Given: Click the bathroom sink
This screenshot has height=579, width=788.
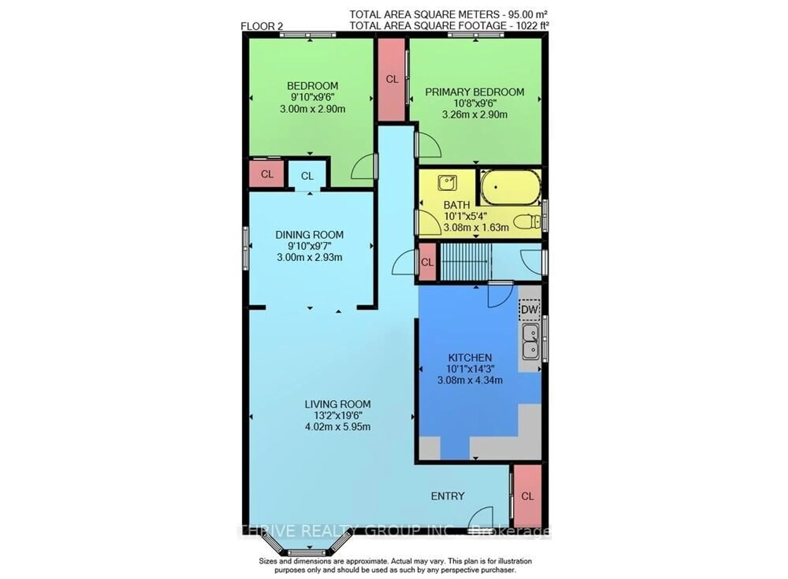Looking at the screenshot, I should click(447, 183).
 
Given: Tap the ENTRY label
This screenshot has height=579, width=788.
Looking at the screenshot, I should click(447, 496).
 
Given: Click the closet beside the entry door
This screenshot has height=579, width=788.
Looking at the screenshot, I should click(528, 496).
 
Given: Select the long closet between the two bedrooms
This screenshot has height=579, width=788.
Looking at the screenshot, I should click(392, 80).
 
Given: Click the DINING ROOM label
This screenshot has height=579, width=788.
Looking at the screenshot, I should click(309, 235).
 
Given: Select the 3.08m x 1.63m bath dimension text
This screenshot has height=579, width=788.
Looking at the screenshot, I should click(476, 227).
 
